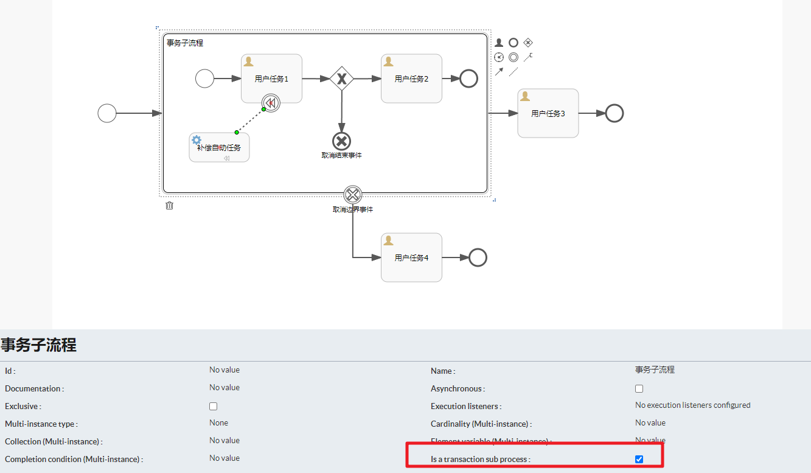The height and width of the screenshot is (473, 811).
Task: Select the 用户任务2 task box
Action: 411,79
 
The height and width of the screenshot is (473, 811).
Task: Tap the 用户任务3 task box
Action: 548,113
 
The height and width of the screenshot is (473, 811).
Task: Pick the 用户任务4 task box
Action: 411,258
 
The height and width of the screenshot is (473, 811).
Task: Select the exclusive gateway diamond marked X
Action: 342,79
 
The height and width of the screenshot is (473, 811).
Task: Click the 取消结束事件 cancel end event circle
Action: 342,141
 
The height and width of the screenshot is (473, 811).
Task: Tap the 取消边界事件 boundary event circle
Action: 353,195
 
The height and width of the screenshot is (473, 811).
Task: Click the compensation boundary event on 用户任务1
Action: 271,103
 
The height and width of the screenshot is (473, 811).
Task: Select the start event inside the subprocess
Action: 204,79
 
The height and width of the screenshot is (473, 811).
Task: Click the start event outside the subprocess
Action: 107,113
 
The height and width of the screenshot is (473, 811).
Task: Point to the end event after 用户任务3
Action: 614,113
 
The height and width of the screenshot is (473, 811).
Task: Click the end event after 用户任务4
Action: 478,258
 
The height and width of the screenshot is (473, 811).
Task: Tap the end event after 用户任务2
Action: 468,79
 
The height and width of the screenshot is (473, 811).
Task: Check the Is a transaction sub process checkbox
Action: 639,459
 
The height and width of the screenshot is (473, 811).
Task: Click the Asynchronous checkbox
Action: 639,388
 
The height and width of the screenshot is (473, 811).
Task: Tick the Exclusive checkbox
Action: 213,406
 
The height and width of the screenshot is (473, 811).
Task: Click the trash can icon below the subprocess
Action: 170,206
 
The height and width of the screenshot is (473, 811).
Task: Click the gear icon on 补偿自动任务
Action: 197,140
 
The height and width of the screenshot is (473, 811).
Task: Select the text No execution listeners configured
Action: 692,405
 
